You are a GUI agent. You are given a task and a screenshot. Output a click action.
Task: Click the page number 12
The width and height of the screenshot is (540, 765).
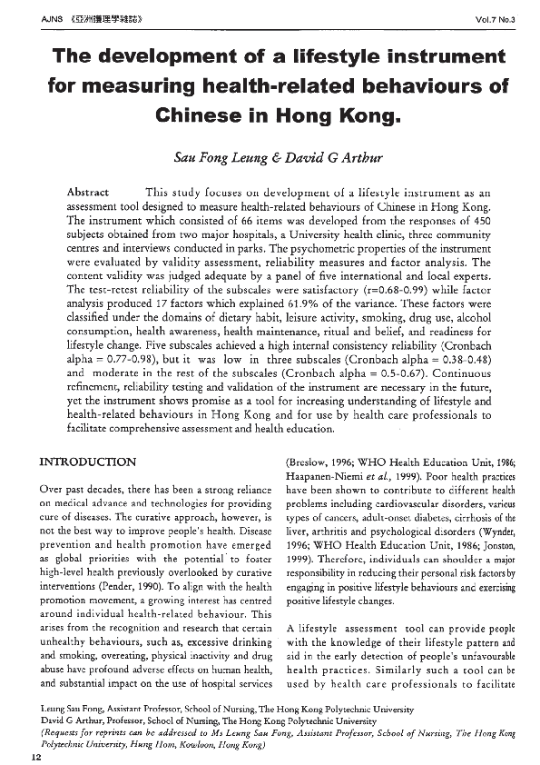click(36, 755)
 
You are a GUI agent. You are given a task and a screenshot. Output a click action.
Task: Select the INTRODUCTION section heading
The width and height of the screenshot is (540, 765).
click(88, 462)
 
